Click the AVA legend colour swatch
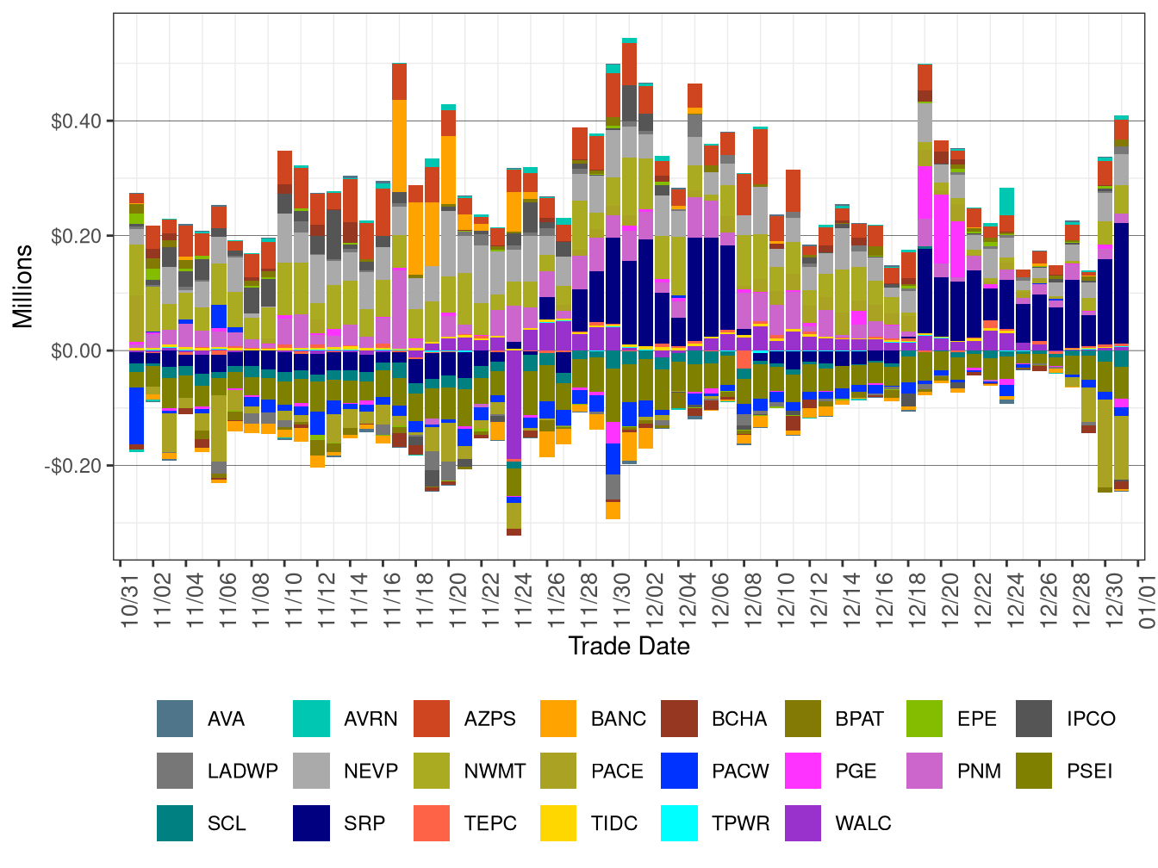[x=175, y=719]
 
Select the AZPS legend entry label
[x=489, y=719]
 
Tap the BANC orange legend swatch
[x=558, y=719]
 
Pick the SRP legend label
[x=364, y=823]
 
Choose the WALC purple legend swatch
[x=804, y=823]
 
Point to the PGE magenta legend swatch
[x=804, y=771]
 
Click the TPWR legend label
[x=740, y=823]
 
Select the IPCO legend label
[x=1091, y=719]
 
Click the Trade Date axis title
[x=629, y=646]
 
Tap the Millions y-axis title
[x=23, y=286]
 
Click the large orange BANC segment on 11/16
[x=400, y=146]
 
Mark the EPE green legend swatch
[x=925, y=719]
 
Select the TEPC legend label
[x=489, y=823]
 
